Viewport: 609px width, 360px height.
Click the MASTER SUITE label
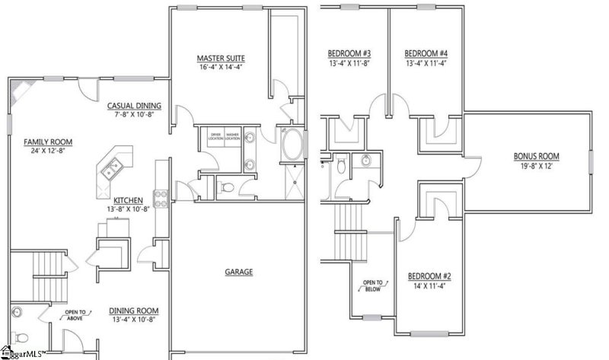(x=221, y=58)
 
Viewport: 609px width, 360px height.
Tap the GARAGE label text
(x=238, y=272)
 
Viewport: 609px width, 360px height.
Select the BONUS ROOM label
(x=536, y=156)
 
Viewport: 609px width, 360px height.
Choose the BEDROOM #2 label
(x=430, y=276)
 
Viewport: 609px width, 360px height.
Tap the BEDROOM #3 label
(x=349, y=53)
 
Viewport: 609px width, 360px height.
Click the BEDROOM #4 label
(x=426, y=53)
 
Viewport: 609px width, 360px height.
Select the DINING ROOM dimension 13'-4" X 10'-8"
(x=134, y=320)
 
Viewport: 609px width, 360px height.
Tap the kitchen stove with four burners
(x=161, y=198)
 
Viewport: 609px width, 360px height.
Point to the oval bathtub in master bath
(x=292, y=145)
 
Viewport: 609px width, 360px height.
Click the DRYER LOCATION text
(x=216, y=137)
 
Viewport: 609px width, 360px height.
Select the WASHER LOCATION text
(x=232, y=137)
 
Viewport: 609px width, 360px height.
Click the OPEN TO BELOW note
(x=372, y=283)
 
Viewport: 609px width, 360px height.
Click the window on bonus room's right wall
(x=591, y=161)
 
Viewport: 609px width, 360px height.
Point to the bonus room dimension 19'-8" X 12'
(x=536, y=167)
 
